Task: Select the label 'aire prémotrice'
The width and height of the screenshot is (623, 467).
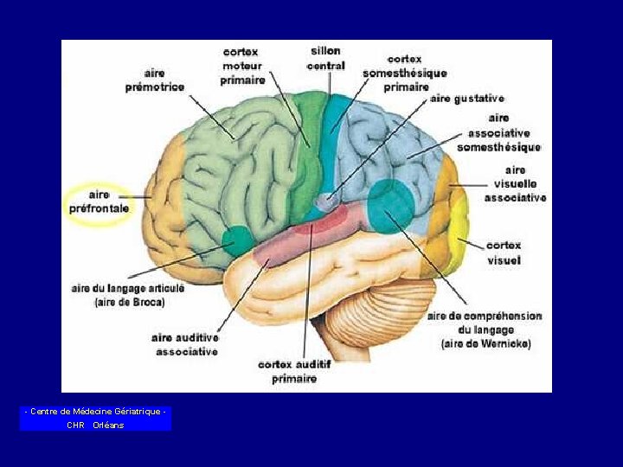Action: pyautogui.click(x=155, y=80)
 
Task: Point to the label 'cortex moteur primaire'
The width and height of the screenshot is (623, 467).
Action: pyautogui.click(x=242, y=66)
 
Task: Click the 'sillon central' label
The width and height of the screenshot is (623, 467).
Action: pyautogui.click(x=325, y=58)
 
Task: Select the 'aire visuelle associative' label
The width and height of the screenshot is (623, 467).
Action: pyautogui.click(x=516, y=184)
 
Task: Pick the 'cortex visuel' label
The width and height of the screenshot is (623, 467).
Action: pyautogui.click(x=504, y=253)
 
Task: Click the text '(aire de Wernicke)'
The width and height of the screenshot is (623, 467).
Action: pyautogui.click(x=485, y=344)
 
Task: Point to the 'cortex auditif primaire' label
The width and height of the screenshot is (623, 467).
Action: pyautogui.click(x=294, y=372)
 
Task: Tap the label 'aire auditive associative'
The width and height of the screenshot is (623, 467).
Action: pyautogui.click(x=184, y=344)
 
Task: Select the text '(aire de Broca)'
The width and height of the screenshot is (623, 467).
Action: pyautogui.click(x=129, y=303)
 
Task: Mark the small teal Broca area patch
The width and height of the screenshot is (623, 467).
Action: pyautogui.click(x=237, y=238)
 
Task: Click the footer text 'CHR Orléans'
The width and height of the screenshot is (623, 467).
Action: pyautogui.click(x=95, y=425)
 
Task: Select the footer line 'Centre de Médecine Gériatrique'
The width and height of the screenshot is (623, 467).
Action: pyautogui.click(x=95, y=412)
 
